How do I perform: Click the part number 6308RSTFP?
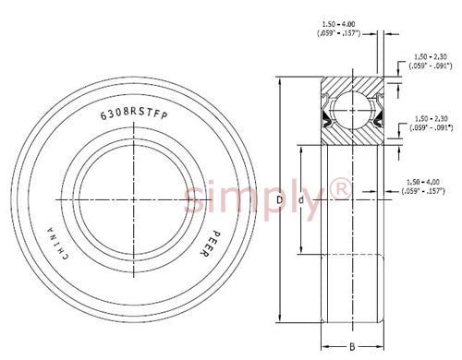pos(134,114)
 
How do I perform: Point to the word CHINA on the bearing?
pos(57,244)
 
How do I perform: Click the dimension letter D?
pos(279,200)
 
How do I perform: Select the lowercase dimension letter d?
pos(301,200)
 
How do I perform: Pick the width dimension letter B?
pos(352,347)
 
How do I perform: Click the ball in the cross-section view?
pos(352,110)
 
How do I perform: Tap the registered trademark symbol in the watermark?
pos(340,188)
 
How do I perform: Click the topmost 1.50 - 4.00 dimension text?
pos(338,24)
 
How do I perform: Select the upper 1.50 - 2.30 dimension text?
pos(431,57)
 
